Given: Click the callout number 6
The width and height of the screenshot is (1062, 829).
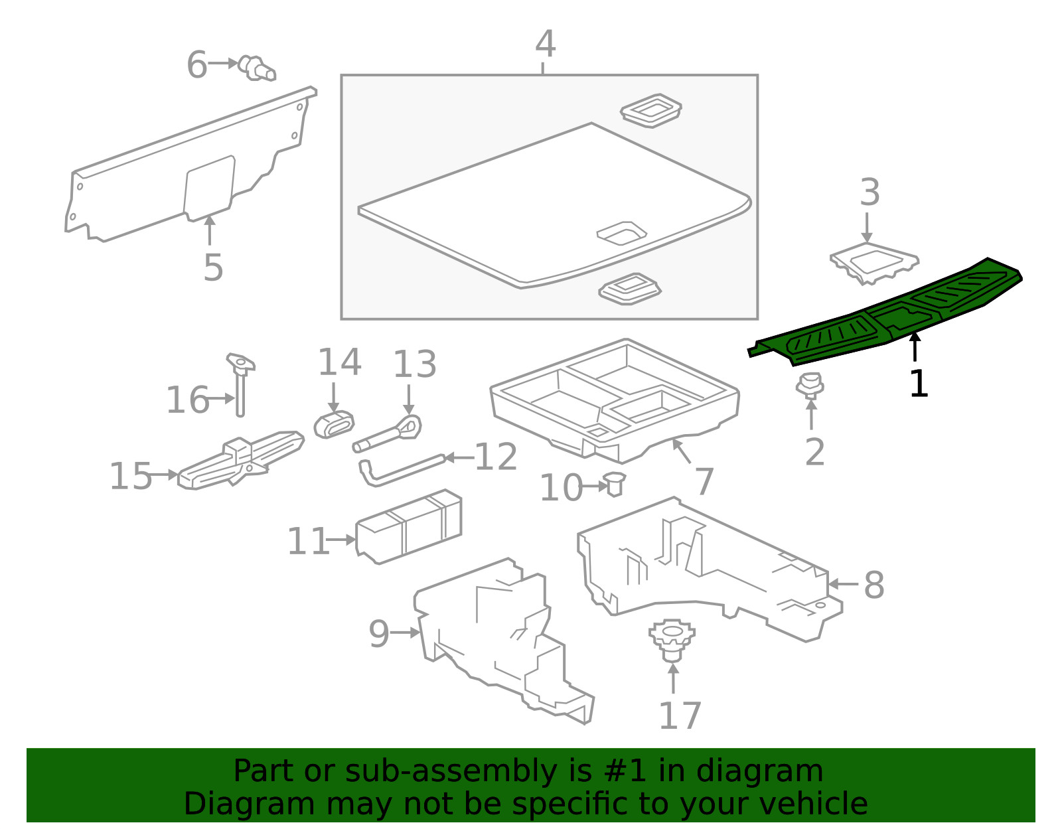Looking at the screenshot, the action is click(197, 65).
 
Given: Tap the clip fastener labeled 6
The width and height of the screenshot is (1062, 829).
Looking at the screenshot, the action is click(257, 68).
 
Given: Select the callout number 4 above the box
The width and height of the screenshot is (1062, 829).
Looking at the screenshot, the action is click(546, 44).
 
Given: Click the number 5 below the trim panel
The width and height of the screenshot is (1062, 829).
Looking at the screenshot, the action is click(213, 267).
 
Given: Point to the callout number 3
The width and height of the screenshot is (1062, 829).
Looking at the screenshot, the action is click(870, 192).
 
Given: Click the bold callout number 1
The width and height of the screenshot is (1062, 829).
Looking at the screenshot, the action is click(919, 384).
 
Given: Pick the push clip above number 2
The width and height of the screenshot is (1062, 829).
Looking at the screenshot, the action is click(810, 386).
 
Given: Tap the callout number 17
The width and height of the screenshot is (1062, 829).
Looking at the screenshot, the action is click(680, 716).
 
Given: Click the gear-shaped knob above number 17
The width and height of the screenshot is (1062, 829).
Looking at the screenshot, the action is click(672, 640).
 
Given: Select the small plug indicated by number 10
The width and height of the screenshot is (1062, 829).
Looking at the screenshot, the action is click(615, 484).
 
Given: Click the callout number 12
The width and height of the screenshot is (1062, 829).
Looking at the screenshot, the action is click(496, 457).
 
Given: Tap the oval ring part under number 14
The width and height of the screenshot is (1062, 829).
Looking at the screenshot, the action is click(334, 425).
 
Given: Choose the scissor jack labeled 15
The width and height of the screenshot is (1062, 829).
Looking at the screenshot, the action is click(241, 460).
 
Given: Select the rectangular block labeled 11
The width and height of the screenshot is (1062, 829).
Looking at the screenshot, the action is click(409, 526).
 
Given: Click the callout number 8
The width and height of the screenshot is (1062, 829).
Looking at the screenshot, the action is click(874, 585).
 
